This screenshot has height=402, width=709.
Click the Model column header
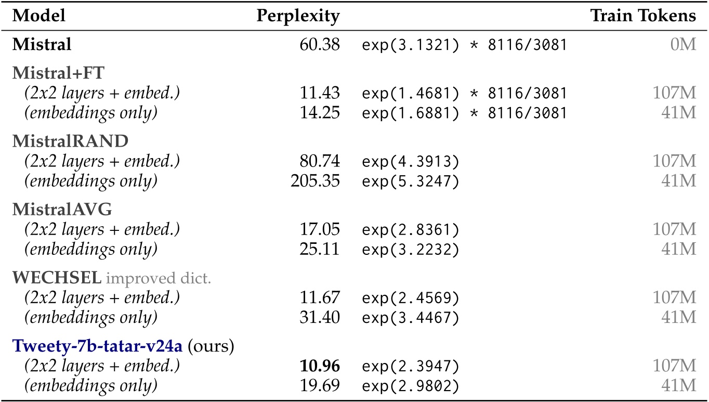[39, 16]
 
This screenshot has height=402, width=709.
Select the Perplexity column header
[298, 16]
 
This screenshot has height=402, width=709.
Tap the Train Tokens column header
[643, 16]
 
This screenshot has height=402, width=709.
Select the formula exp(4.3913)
[411, 162]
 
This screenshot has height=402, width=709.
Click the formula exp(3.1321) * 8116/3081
[464, 45]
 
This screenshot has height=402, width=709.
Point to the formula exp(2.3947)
[411, 367]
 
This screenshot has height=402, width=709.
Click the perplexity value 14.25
[321, 112]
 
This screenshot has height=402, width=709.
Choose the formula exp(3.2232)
[411, 249]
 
